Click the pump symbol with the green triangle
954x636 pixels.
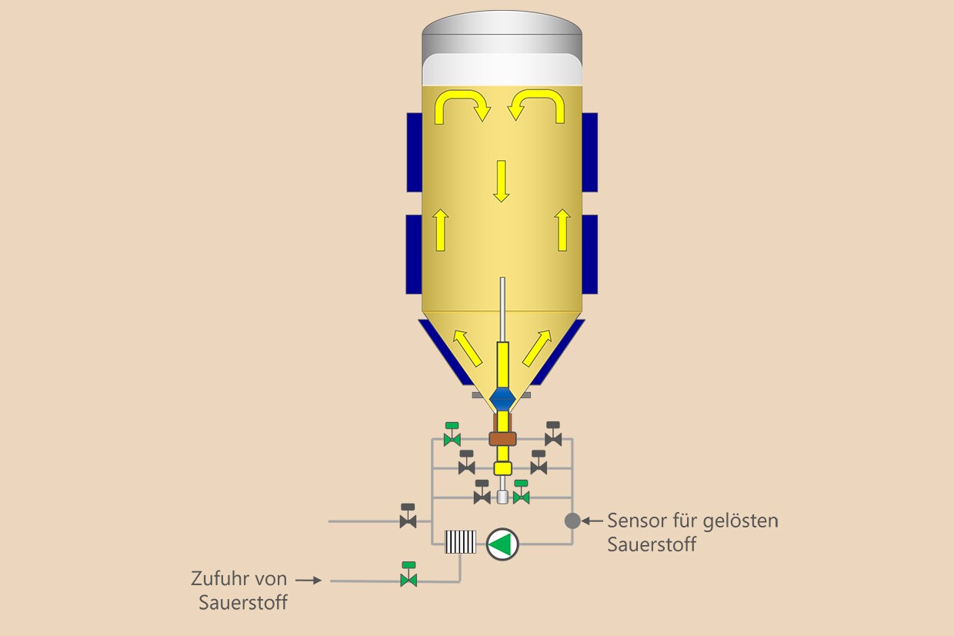tap(502, 544)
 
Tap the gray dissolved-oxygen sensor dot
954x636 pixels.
tap(572, 521)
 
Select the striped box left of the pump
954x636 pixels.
tap(460, 542)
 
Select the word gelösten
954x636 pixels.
tap(741, 521)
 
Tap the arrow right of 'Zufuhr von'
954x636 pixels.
tap(309, 580)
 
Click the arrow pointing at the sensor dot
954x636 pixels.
tap(592, 521)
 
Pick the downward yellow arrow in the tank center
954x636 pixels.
tap(502, 181)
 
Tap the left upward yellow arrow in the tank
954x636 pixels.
tap(440, 229)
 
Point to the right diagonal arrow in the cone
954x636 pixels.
tap(537, 348)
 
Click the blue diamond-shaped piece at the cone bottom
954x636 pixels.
tap(502, 400)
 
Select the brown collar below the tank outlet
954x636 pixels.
tap(502, 439)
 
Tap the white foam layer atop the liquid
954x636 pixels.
tap(502, 69)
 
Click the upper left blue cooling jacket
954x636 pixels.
tap(415, 152)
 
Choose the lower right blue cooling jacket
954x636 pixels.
tap(590, 255)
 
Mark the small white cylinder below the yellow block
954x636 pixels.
tap(502, 497)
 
